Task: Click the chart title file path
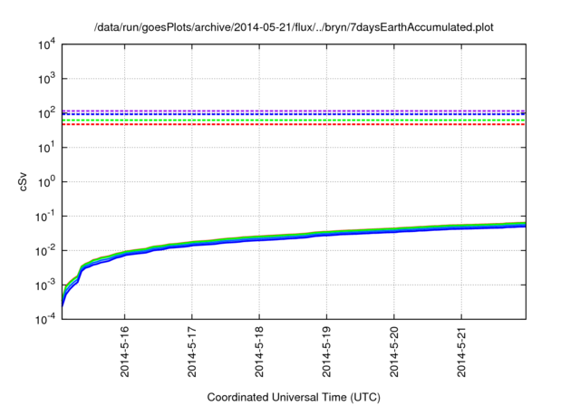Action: tap(294, 25)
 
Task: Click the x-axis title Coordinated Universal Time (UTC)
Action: tap(294, 397)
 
